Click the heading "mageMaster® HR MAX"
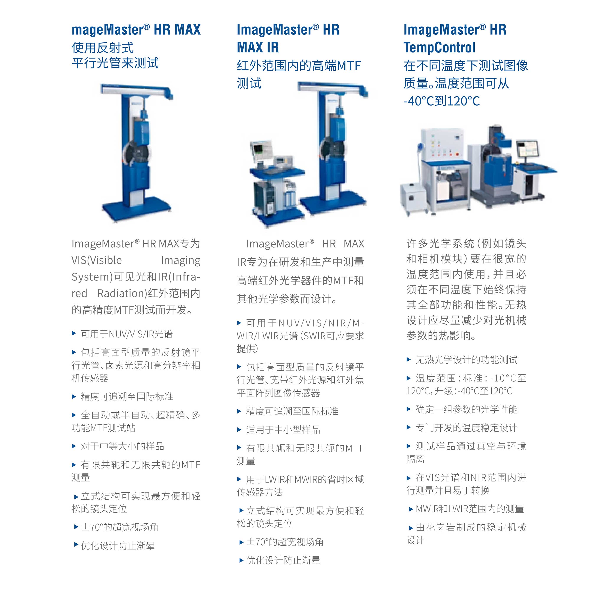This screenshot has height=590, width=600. pos(136,30)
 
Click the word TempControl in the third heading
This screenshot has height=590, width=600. pos(439,47)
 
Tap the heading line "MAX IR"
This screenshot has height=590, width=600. pos(258,47)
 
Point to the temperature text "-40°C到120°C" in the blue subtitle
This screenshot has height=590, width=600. pos(441,101)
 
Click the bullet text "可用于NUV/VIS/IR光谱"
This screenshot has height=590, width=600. pos(127,334)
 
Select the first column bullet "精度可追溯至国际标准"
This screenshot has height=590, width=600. pos(127,396)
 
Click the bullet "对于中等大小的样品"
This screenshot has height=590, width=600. pos(122,446)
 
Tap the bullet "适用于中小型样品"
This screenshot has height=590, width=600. pos(283,430)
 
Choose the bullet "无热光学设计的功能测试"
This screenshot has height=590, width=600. pos(466,360)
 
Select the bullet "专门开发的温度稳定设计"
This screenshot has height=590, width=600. pos(466,428)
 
